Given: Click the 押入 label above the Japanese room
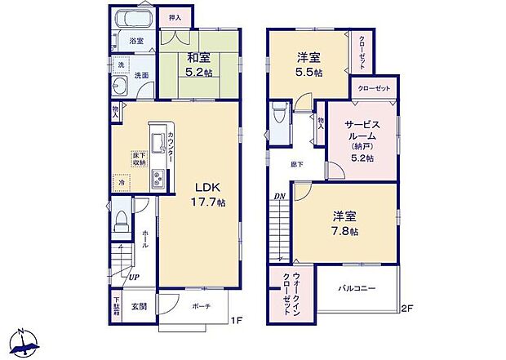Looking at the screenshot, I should click(x=175, y=17).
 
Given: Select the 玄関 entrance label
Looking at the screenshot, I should click(x=139, y=306).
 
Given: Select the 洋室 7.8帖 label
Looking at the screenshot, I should click(x=345, y=223).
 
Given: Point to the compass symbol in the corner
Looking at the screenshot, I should click(x=25, y=341).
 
